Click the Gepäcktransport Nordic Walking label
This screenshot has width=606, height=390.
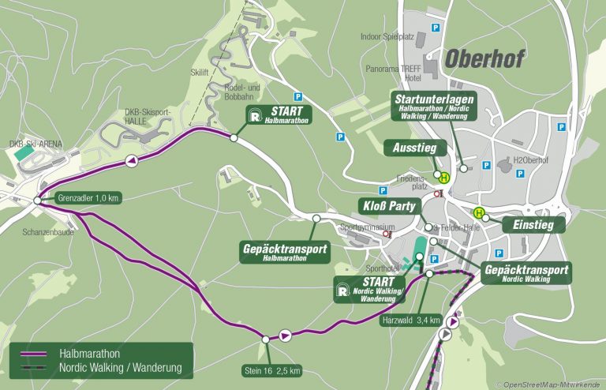[527, 273]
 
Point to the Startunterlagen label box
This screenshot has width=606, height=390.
[432, 104]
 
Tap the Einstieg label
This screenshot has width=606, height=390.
[534, 225]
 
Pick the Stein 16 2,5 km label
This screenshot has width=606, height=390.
[271, 369]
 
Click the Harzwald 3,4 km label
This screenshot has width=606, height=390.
[410, 343]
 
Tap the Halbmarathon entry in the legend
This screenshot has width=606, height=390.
[86, 354]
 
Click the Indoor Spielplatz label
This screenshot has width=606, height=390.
[387, 36]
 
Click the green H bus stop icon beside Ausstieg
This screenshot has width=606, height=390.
[443, 177]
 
